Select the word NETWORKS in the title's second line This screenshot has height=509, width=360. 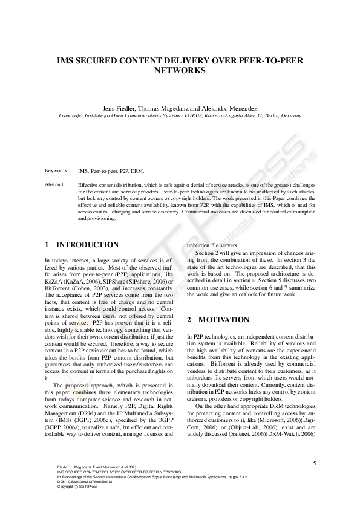(x=180, y=71)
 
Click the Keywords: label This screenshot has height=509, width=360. (x=56, y=171)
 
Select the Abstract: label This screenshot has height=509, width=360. (x=55, y=184)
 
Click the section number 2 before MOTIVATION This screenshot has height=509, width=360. (x=189, y=319)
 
